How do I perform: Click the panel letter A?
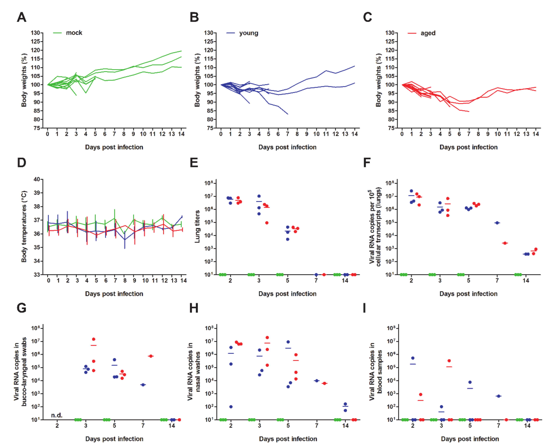click(x=22, y=17)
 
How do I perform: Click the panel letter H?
click(x=194, y=308)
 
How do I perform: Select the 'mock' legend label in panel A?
click(x=74, y=33)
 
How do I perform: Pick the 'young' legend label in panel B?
click(x=248, y=33)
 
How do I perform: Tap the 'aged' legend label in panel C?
click(x=428, y=33)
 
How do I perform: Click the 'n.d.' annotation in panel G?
click(x=57, y=415)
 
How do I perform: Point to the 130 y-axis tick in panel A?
click(x=35, y=33)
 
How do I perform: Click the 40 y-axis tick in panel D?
click(x=37, y=179)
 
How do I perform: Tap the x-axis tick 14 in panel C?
click(x=536, y=134)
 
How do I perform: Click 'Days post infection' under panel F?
click(x=468, y=294)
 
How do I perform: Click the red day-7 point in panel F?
click(x=505, y=243)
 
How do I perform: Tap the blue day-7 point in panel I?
click(x=498, y=396)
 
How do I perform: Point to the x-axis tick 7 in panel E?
click(x=316, y=280)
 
